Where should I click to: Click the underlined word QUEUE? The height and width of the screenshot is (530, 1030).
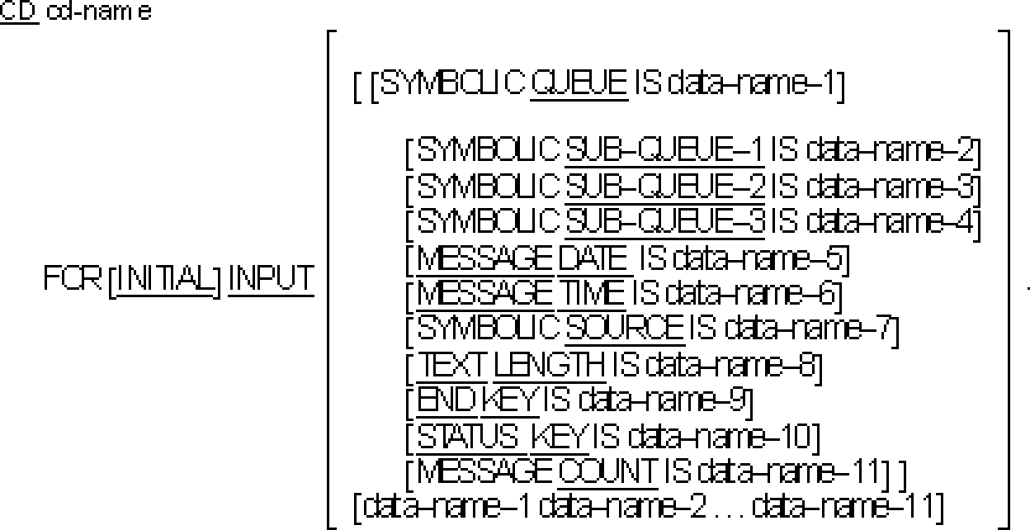(580, 84)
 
